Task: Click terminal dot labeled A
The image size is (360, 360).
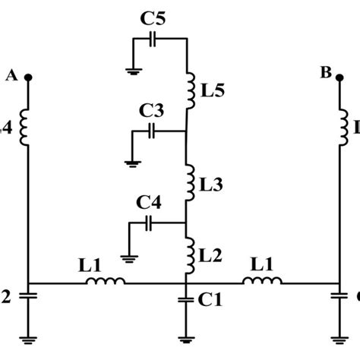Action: pyautogui.click(x=28, y=77)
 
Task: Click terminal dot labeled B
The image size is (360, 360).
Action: pyautogui.click(x=336, y=77)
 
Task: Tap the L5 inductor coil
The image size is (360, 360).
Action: pyautogui.click(x=187, y=89)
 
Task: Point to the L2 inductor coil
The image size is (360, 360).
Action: pyautogui.click(x=187, y=254)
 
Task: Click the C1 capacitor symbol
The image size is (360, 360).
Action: pyautogui.click(x=187, y=299)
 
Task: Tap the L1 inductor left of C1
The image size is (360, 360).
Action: pyautogui.click(x=105, y=283)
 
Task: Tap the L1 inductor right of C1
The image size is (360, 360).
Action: pyautogui.click(x=261, y=283)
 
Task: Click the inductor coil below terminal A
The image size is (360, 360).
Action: pyautogui.click(x=28, y=127)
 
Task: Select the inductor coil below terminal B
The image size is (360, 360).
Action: pyautogui.click(x=336, y=127)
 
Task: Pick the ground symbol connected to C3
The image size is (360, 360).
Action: pyautogui.click(x=131, y=161)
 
